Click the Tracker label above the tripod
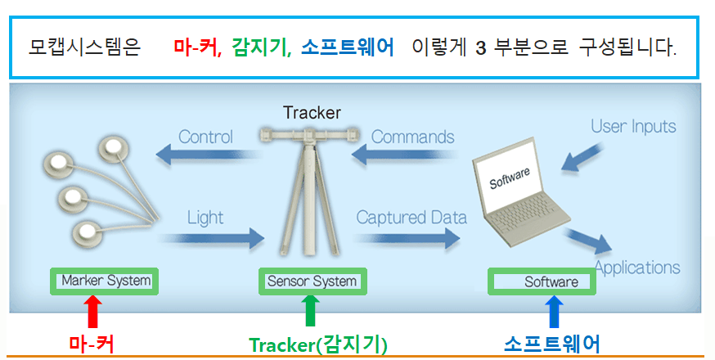pyautogui.click(x=312, y=113)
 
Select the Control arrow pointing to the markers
pyautogui.click(x=208, y=154)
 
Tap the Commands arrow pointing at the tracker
pyautogui.click(x=403, y=155)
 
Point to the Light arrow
pyautogui.click(x=213, y=238)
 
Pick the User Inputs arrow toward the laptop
pyautogui.click(x=582, y=157)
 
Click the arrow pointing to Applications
pyautogui.click(x=588, y=241)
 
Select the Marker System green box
pyautogui.click(x=105, y=281)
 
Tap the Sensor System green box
pyautogui.click(x=313, y=281)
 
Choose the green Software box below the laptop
pyautogui.click(x=542, y=281)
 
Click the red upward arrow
pyautogui.click(x=92, y=312)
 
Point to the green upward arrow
pyautogui.click(x=310, y=311)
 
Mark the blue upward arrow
pyautogui.click(x=554, y=312)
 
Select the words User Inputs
pyautogui.click(x=633, y=126)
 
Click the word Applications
pyautogui.click(x=637, y=268)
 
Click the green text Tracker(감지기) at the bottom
pyautogui.click(x=318, y=344)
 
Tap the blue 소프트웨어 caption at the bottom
pyautogui.click(x=551, y=344)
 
